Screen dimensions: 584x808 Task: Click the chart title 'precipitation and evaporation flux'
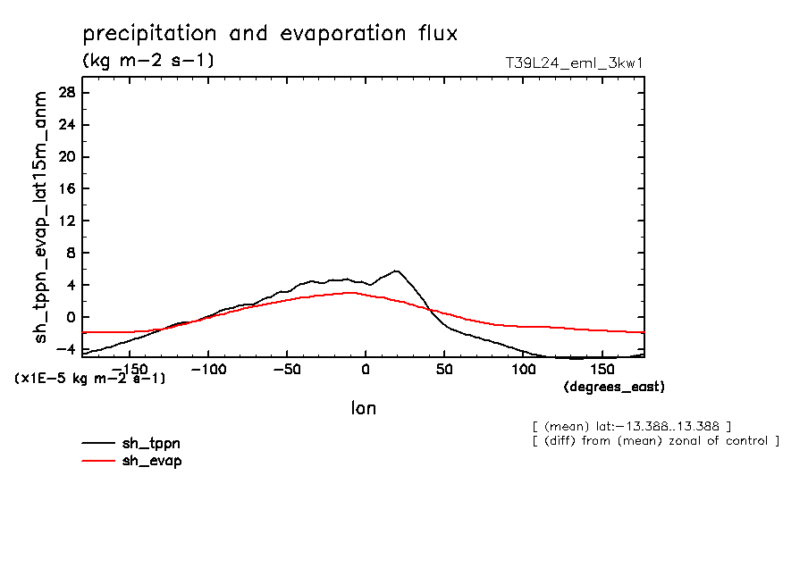pos(270,34)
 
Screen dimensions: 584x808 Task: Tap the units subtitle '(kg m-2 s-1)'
pos(147,61)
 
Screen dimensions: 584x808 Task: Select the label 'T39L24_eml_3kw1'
pos(575,63)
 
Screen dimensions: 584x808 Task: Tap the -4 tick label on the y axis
pos(66,349)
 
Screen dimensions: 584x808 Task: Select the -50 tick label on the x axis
pos(287,369)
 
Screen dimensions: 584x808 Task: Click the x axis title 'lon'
pos(363,408)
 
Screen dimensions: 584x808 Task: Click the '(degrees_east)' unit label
pos(614,387)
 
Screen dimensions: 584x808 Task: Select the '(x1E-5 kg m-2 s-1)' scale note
pos(90,379)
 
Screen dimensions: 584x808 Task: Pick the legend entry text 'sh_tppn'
pos(151,443)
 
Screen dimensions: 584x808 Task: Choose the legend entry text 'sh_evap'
pos(151,461)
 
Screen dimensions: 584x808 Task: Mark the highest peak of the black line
pos(396,271)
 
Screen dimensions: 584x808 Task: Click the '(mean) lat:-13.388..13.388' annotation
pos(631,425)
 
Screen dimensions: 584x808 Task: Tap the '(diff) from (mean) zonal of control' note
pos(655,441)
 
